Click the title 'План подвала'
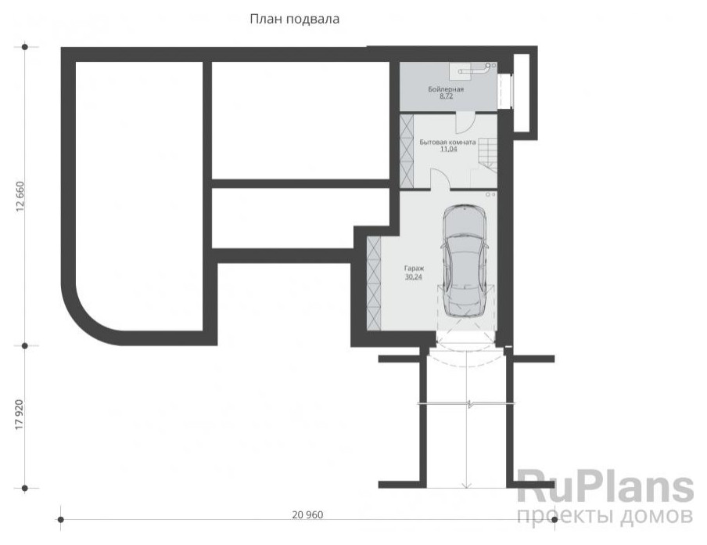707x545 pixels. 294,19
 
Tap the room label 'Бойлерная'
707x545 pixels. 446,89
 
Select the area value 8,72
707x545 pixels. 446,96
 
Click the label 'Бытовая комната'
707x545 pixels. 447,143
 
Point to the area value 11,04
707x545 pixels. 448,149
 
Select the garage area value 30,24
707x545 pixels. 414,276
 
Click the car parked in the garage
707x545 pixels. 465,261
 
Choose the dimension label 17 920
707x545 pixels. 20,414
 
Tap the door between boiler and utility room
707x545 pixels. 464,121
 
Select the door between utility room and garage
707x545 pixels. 440,179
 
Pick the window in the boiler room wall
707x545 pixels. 504,91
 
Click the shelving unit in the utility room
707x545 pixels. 406,151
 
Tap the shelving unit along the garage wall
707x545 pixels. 374,283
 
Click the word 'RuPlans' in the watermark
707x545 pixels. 605,486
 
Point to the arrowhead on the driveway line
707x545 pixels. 467,485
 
